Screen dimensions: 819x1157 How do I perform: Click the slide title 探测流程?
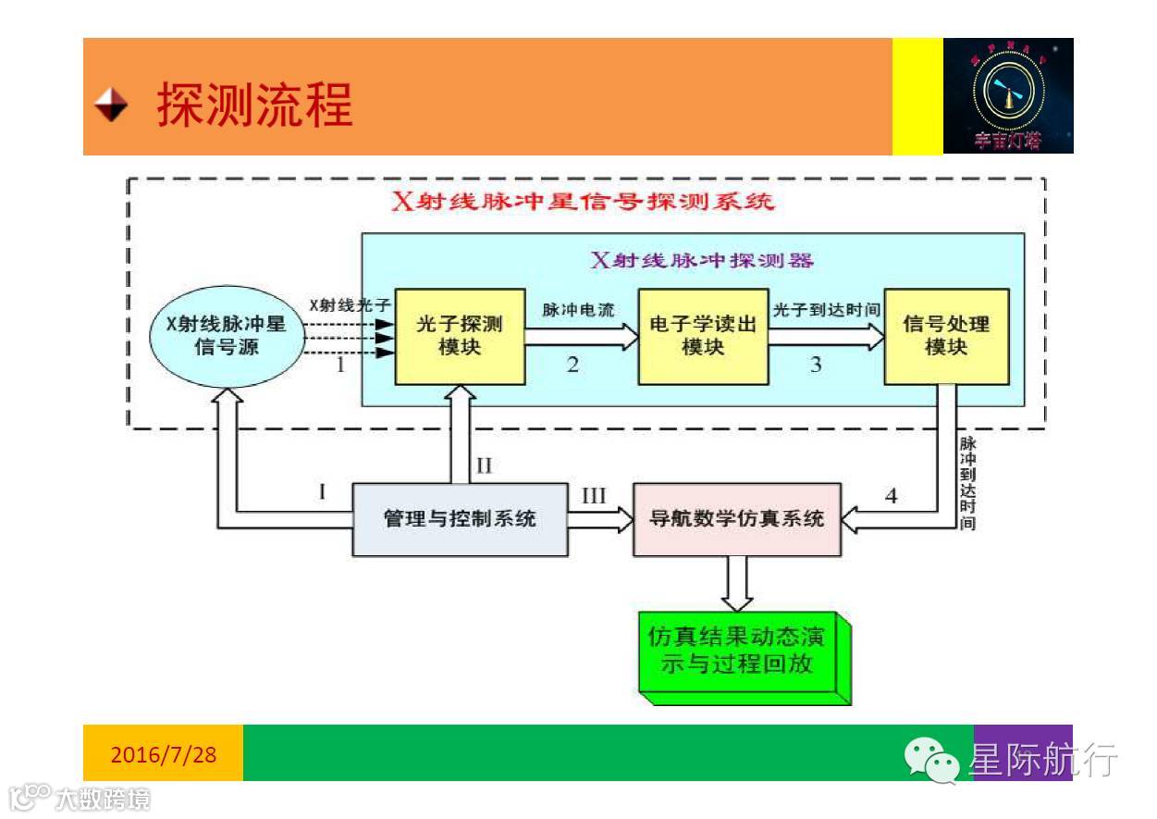pos(254,105)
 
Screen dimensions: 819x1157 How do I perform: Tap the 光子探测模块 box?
pos(460,336)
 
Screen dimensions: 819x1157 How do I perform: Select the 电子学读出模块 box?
pos(703,336)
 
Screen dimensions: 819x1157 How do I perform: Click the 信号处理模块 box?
pos(945,336)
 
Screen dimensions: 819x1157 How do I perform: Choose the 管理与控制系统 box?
pos(460,519)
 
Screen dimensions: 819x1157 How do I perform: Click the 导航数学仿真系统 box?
pos(737,519)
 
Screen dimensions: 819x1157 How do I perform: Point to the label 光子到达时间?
pos(825,309)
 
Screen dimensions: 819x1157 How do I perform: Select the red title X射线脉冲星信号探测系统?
pos(583,202)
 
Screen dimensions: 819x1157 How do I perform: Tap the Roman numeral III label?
pos(594,496)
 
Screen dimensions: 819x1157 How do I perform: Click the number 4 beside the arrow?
pos(891,496)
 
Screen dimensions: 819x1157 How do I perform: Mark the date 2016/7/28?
pos(164,754)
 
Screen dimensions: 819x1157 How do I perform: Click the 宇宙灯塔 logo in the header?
pos(1007,95)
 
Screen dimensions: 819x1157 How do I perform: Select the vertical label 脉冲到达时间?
pos(967,482)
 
